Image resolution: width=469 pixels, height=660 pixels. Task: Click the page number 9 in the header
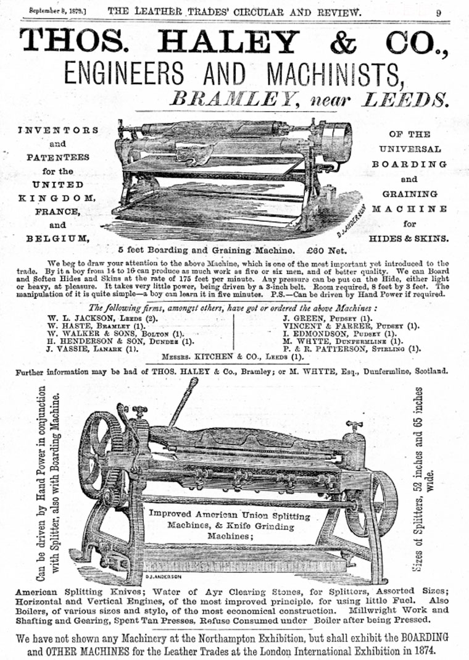(x=438, y=11)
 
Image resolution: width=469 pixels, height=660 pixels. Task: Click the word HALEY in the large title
(x=228, y=41)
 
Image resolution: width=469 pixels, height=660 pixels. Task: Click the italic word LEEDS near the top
(x=398, y=98)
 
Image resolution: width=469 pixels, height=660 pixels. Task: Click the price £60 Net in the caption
(x=322, y=250)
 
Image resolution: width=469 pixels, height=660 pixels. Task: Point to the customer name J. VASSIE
(x=69, y=349)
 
